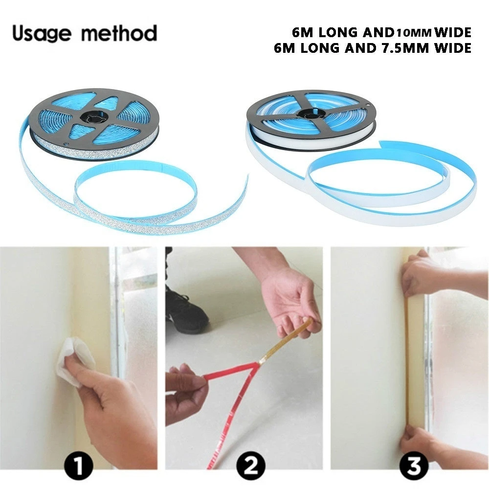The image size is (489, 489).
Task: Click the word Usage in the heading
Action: tap(40, 34)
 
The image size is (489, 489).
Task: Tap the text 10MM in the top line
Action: tap(414, 33)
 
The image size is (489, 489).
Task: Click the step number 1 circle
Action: tap(79, 465)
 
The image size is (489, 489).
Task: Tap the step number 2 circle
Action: tap(250, 465)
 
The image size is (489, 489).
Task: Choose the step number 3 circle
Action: tap(414, 465)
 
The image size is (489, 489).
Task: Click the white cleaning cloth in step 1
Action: tap(73, 362)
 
